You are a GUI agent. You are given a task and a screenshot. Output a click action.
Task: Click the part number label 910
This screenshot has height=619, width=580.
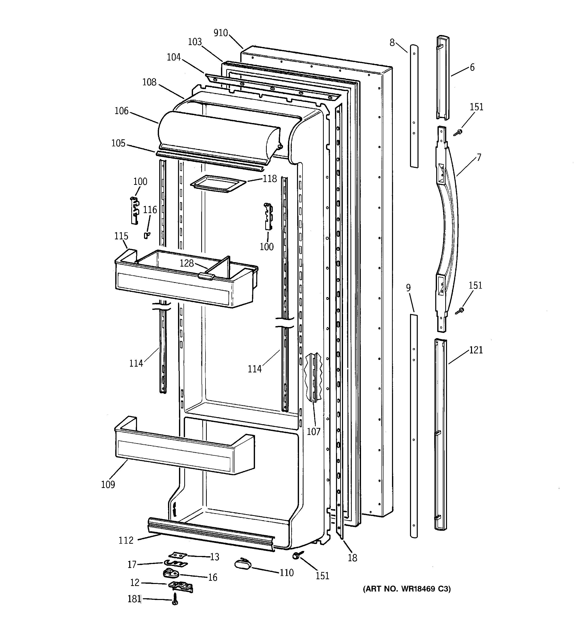point(221,33)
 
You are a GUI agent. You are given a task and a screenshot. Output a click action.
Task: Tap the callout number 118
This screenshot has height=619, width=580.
point(269,179)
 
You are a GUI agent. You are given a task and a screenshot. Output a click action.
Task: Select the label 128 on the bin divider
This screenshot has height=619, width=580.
point(187,263)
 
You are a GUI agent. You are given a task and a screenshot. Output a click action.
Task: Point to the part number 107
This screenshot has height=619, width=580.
point(313,432)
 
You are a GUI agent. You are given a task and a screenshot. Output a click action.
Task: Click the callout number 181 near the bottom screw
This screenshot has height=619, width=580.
point(134,599)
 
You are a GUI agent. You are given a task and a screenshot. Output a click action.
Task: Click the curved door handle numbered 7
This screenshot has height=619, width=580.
point(447,215)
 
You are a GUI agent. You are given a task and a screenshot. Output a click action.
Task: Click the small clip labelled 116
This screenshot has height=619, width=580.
point(146,235)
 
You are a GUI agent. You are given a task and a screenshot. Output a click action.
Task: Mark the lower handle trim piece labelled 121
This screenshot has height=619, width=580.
point(440,436)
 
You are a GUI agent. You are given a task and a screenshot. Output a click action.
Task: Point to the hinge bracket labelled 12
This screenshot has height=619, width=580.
point(180,586)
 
